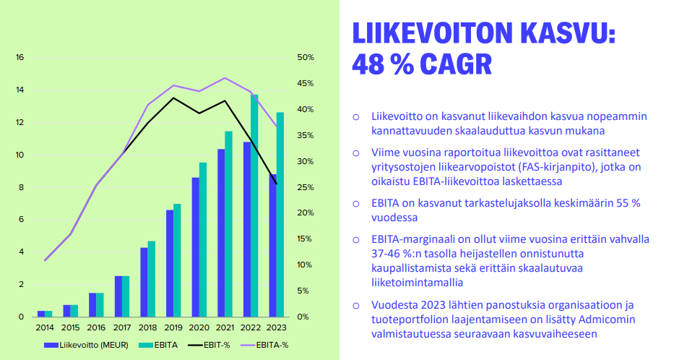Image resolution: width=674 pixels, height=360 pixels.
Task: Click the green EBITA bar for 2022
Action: point(254,206)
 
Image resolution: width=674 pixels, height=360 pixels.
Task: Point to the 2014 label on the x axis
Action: point(45,327)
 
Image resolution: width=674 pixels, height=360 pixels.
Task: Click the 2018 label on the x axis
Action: point(147,327)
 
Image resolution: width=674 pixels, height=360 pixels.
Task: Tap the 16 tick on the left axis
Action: point(20,58)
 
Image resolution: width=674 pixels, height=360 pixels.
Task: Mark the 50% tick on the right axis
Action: point(305,58)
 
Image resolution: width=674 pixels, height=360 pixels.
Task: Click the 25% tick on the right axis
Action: point(305,187)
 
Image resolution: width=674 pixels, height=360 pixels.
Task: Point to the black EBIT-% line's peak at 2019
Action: point(174,98)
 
